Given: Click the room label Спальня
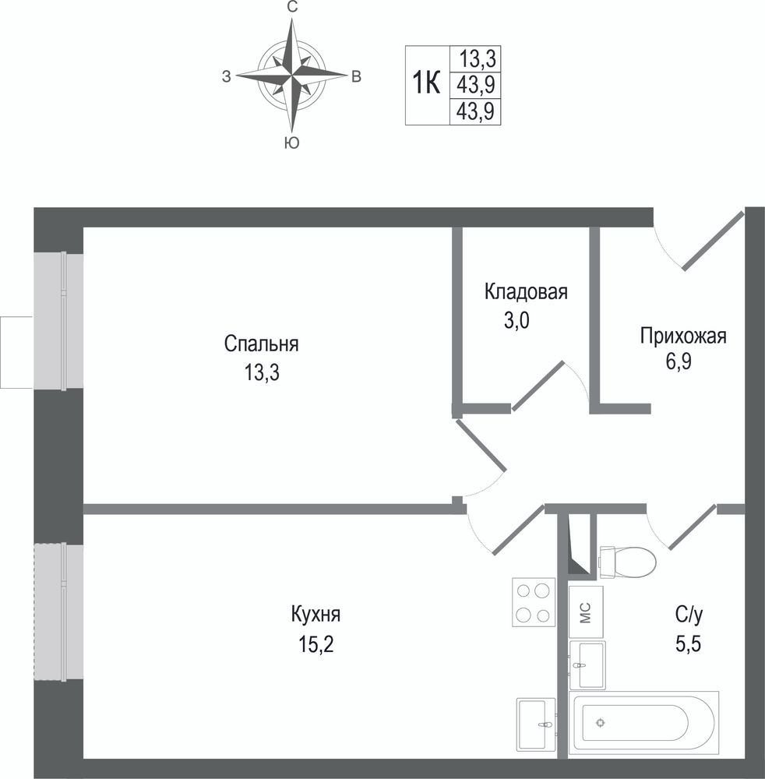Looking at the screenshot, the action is tap(261, 344).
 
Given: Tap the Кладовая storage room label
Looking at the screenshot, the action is tap(526, 291).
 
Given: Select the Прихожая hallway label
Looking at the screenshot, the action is tap(683, 337).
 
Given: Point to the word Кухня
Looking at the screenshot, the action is tap(316, 615).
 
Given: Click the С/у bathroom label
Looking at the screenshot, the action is tap(689, 615).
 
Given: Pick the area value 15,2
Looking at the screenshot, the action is tap(316, 645).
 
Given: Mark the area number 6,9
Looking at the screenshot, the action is tap(679, 362).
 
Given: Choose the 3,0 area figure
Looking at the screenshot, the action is tap(516, 320).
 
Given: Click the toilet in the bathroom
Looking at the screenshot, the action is tap(628, 562).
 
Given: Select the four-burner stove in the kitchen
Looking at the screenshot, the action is tap(534, 602).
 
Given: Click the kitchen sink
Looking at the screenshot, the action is tap(537, 724).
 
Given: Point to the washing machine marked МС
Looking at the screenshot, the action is tap(586, 612).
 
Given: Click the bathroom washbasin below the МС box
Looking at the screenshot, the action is tap(587, 664).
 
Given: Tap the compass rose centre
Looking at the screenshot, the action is tap(291, 76).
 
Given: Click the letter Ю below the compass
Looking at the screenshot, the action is tap(291, 143).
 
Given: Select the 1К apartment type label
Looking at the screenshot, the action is tap(427, 83).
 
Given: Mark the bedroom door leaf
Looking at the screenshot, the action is tap(481, 445).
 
